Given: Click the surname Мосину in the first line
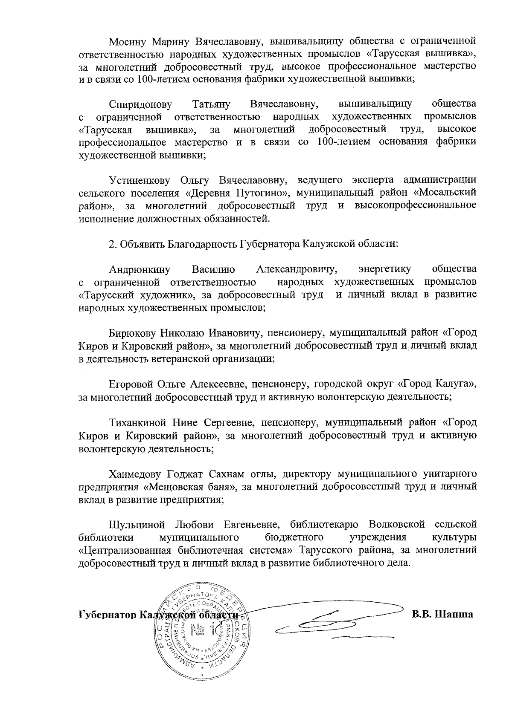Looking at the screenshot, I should [127, 41].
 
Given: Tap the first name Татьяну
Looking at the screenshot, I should [212, 104].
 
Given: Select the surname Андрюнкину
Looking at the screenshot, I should [140, 269].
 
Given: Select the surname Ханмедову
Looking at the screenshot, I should [135, 474].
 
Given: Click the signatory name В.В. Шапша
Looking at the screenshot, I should [442, 615].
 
